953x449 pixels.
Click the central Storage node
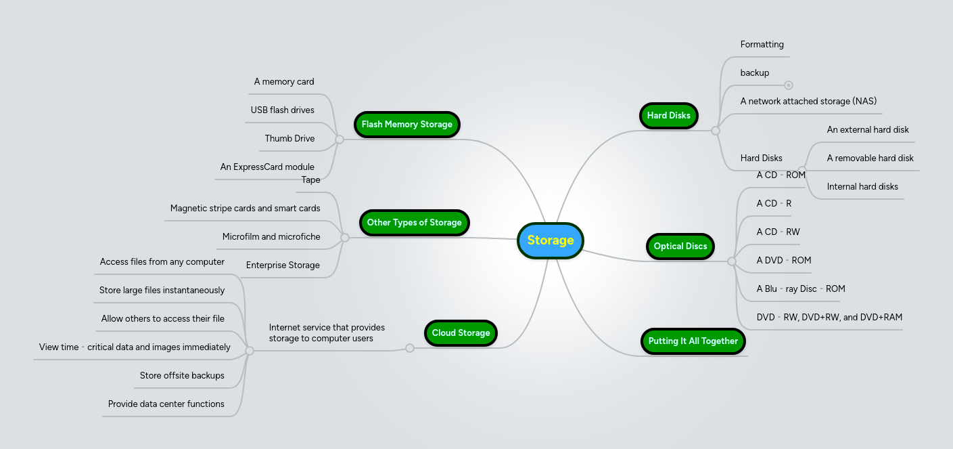click(550, 240)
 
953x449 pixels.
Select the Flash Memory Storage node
click(406, 125)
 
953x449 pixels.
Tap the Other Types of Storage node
click(414, 223)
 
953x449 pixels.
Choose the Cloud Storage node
click(461, 333)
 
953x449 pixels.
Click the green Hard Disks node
click(668, 116)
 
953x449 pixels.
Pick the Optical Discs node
click(680, 247)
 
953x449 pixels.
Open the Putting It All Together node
click(693, 341)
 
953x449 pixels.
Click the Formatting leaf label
click(762, 45)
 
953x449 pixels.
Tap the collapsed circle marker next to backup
click(788, 85)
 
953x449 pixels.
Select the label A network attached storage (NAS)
click(808, 102)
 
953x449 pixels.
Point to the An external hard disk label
click(868, 130)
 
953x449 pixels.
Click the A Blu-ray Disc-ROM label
click(801, 289)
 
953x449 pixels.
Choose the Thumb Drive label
click(289, 139)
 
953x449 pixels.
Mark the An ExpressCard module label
click(267, 167)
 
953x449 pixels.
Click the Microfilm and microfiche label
click(271, 237)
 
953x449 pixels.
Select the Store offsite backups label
click(182, 376)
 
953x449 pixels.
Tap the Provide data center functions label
click(166, 404)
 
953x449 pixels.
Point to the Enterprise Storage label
click(283, 265)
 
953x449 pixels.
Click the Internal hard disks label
click(862, 187)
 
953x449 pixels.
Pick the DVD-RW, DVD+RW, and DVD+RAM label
click(829, 318)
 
